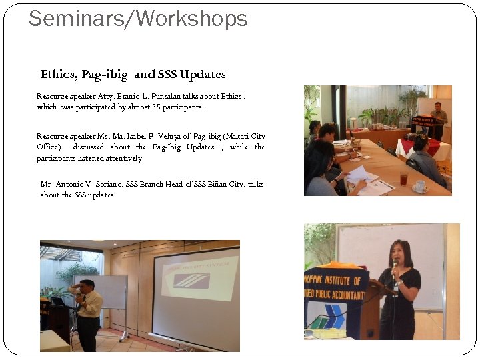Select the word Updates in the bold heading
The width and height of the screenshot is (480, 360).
(x=203, y=75)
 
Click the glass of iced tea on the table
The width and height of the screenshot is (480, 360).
(x=403, y=178)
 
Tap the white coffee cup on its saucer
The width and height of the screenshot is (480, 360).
(x=421, y=186)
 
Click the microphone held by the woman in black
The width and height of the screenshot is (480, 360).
(x=395, y=267)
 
